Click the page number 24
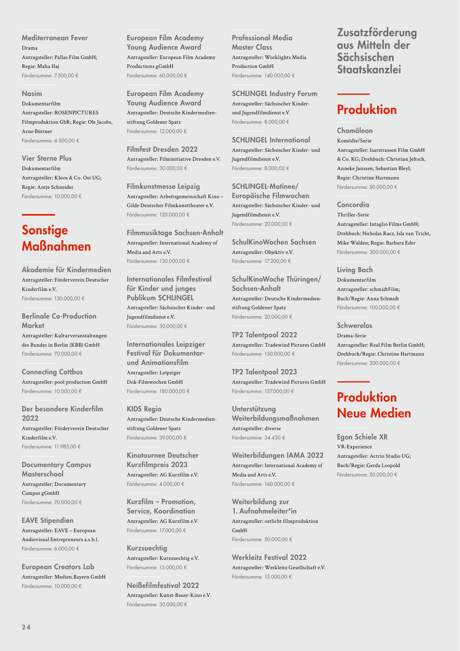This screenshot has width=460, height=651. click(x=26, y=627)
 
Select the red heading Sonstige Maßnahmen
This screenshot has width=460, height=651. click(x=56, y=238)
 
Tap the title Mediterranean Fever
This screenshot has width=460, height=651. click(x=54, y=38)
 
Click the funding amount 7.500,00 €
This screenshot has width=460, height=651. click(x=66, y=75)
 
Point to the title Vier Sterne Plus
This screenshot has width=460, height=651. click(x=46, y=158)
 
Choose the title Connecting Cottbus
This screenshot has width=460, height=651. click(x=52, y=372)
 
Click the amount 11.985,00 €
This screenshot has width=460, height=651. click(x=67, y=446)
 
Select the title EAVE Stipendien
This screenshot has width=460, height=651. click(x=48, y=520)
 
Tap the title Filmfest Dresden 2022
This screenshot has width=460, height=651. click(x=162, y=149)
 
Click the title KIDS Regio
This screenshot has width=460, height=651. click(x=144, y=409)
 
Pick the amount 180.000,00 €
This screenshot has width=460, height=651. click(x=174, y=391)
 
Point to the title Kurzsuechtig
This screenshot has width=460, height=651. click(x=147, y=548)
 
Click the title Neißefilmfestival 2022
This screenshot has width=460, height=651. click(x=163, y=585)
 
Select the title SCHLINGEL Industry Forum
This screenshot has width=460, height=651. click(x=274, y=94)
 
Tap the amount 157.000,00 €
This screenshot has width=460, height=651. click(x=279, y=391)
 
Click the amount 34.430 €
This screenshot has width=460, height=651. click(x=274, y=438)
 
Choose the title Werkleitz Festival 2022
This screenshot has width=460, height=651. click(x=269, y=557)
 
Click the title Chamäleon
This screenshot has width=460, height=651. click(x=355, y=131)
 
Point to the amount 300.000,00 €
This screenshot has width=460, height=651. click(x=384, y=252)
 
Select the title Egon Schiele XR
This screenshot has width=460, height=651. click(x=362, y=437)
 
